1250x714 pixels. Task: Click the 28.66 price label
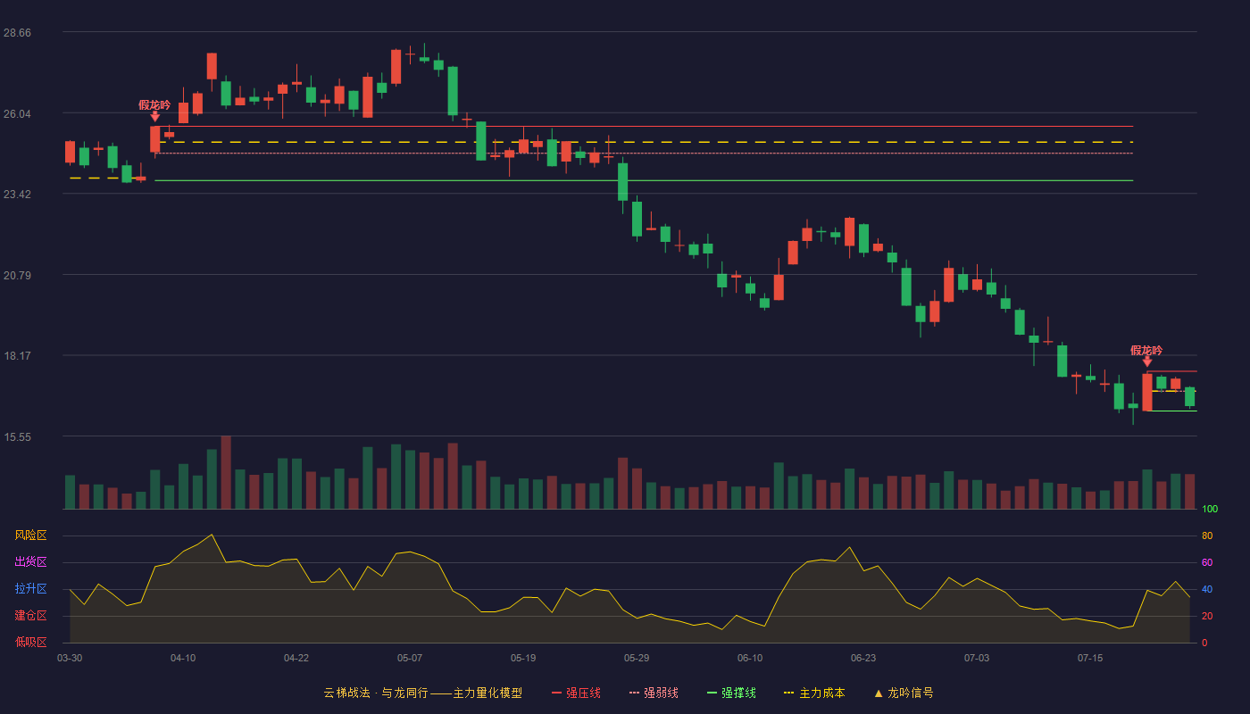17,33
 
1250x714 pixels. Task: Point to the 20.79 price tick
17,276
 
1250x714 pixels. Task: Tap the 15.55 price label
17,437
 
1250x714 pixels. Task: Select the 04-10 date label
183,659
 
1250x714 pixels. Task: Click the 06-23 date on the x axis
863,659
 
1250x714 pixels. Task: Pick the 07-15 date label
1090,659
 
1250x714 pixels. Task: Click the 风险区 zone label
30,535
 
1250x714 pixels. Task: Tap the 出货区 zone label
30,561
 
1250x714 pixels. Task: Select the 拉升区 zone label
30,588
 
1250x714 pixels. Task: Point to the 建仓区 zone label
30,615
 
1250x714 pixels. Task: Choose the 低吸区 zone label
30,642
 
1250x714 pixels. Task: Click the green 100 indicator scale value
1210,509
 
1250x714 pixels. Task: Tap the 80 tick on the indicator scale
1207,535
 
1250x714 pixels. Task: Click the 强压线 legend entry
576,693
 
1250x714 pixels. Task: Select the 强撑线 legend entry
731,693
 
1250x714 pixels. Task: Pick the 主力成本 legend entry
814,693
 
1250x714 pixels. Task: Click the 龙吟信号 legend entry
904,693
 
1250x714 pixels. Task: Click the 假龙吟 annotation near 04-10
154,105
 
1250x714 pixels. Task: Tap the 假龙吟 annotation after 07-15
1146,350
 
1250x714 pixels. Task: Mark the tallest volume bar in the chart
226,472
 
